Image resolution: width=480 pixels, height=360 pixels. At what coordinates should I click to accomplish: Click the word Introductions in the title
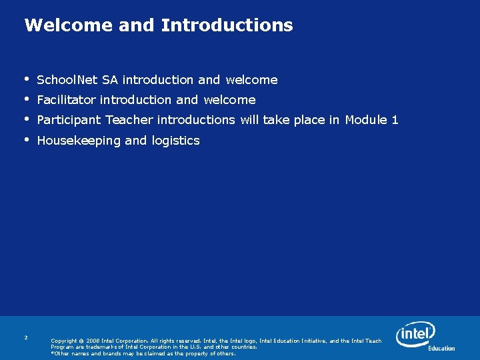click(x=227, y=25)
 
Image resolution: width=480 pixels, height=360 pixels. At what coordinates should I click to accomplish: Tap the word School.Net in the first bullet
click(x=67, y=80)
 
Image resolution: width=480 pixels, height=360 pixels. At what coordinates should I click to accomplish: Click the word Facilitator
click(x=67, y=100)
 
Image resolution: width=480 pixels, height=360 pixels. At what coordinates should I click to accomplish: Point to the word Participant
click(x=69, y=120)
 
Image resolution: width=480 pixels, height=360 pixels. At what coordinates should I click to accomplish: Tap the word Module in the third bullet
click(x=367, y=120)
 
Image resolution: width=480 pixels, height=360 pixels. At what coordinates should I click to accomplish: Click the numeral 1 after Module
click(x=395, y=120)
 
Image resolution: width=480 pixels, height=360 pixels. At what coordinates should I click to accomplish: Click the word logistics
click(x=175, y=141)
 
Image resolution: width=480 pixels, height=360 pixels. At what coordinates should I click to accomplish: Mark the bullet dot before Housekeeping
click(x=26, y=139)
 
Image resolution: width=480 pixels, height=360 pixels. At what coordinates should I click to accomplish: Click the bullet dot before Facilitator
click(x=26, y=99)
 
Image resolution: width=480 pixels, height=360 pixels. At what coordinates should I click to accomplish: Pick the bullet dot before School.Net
click(x=26, y=79)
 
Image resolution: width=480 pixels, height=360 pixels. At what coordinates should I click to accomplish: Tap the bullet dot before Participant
click(x=26, y=119)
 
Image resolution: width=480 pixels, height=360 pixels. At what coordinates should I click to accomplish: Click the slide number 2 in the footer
click(x=25, y=337)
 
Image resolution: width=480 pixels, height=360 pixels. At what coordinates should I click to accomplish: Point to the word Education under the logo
click(x=441, y=348)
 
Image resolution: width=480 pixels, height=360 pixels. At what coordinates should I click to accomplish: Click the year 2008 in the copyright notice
click(x=93, y=341)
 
